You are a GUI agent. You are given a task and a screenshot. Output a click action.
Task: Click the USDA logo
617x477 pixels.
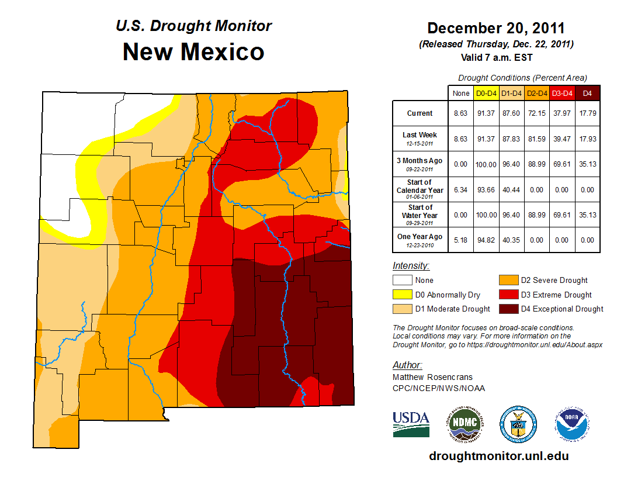click(411, 424)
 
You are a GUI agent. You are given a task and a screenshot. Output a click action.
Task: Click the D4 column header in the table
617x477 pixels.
click(587, 93)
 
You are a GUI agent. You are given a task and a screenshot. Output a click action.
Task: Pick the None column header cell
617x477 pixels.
click(460, 93)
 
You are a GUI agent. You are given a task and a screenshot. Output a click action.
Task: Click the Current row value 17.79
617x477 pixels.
click(587, 113)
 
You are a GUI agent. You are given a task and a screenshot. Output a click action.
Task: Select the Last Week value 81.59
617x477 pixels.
click(537, 139)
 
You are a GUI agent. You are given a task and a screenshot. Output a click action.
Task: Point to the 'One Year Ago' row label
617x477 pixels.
click(420, 239)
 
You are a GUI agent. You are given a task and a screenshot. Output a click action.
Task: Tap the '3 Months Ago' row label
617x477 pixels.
click(420, 164)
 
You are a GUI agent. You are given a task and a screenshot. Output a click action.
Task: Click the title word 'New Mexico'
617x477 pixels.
click(193, 52)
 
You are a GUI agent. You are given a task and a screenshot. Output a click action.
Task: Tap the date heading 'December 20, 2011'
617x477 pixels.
click(495, 28)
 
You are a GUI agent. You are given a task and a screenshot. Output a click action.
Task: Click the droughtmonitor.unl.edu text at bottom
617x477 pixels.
click(498, 456)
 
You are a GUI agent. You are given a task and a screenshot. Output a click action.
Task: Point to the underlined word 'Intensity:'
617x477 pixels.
click(411, 266)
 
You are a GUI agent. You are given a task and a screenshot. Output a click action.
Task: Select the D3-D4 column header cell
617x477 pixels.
click(562, 93)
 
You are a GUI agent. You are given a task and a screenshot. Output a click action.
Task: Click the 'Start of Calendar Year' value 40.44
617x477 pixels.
click(512, 189)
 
